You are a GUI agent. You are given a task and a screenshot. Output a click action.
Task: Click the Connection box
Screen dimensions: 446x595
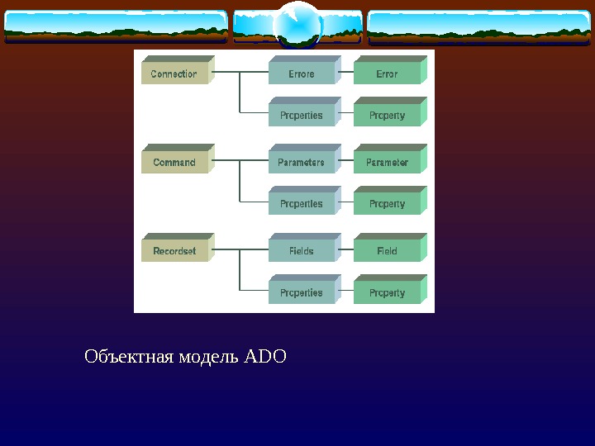pos(174,74)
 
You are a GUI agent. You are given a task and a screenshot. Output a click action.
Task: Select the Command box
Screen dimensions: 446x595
pos(174,163)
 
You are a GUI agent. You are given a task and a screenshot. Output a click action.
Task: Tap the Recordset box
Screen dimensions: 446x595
pos(174,251)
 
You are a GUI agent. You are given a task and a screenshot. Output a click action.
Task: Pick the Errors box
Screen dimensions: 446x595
pos(302,74)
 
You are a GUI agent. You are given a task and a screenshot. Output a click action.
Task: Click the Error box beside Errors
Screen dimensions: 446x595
pos(387,74)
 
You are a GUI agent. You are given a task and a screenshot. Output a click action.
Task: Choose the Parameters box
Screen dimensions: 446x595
pos(302,163)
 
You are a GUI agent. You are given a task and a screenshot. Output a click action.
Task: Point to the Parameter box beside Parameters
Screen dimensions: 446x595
pos(387,163)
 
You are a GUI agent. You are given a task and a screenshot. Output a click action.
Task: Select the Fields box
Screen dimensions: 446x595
pos(302,251)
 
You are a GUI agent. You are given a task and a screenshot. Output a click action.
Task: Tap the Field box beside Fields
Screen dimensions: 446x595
pos(387,251)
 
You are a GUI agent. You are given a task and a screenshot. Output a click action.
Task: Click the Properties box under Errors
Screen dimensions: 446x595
pos(302,116)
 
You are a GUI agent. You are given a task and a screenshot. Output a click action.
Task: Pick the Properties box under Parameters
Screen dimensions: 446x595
pos(302,204)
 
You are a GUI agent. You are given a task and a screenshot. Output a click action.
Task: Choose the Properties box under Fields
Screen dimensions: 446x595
pos(302,292)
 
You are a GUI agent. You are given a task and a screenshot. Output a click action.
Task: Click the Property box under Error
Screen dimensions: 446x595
pos(387,116)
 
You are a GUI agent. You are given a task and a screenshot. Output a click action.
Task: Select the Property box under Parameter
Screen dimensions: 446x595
pos(387,204)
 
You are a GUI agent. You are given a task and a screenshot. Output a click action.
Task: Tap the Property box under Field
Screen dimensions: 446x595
pos(387,292)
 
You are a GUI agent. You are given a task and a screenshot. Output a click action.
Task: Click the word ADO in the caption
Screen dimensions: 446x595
pos(266,358)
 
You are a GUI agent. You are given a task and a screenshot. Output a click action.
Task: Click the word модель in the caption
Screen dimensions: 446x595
pos(209,358)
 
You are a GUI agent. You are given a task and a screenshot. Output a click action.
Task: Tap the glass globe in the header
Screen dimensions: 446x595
pos(297,25)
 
